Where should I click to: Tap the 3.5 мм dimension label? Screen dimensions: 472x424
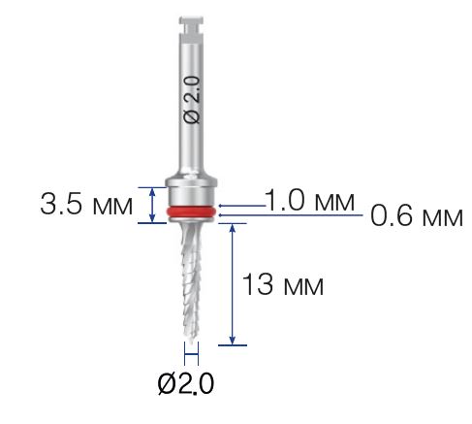click(86, 205)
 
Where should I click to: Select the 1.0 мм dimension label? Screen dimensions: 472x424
click(309, 200)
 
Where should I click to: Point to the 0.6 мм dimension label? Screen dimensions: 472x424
click(417, 215)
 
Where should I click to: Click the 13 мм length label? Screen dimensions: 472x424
click(283, 284)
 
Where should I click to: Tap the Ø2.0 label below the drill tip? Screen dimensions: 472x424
click(186, 383)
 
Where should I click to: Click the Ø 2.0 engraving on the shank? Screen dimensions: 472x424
click(192, 100)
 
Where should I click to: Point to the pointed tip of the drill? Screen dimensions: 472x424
click(192, 342)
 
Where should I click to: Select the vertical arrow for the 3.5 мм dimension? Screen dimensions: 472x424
click(152, 206)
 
